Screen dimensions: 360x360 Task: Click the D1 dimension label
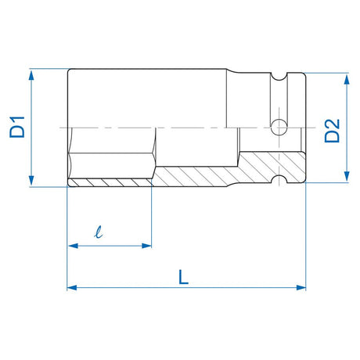point(17,128)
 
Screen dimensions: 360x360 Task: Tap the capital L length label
point(183,275)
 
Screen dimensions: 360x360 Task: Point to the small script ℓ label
point(98,232)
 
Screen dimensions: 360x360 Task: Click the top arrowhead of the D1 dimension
point(31,73)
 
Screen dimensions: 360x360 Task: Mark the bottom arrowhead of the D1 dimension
point(31,182)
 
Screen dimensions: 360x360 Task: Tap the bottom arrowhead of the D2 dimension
point(345,178)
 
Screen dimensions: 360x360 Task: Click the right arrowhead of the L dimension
point(301,288)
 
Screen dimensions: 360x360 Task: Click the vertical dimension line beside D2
point(345,110)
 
